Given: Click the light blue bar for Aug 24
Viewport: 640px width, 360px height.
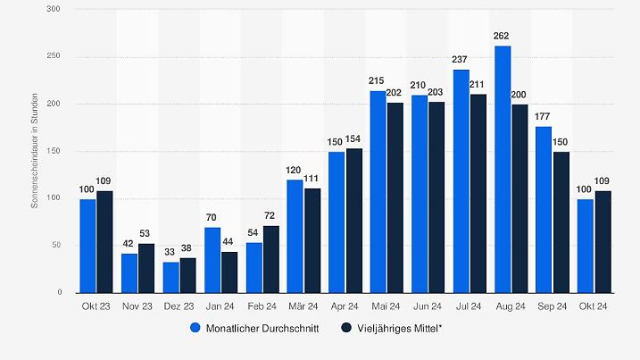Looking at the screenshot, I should point(503,170).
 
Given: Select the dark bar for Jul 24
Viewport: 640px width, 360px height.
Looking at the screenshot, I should point(478,193).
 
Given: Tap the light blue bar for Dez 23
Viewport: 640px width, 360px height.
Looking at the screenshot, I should point(170,277).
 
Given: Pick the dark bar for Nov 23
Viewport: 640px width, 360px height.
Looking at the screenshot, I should point(145,268).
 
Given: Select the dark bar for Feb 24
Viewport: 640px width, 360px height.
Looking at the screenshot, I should point(271,259).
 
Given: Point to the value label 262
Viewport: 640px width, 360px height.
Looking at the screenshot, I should point(502,37).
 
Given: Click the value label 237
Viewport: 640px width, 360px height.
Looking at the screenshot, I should point(461,61).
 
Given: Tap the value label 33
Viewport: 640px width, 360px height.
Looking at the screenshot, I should point(170,253).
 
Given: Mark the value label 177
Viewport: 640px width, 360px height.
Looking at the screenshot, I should point(544,117).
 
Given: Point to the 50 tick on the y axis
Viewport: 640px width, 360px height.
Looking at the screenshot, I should point(59,245).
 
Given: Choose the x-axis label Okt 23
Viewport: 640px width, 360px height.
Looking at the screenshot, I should point(96,306).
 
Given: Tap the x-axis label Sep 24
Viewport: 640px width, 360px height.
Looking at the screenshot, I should point(553,306).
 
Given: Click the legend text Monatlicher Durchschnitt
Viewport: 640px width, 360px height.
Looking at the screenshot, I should point(262,329).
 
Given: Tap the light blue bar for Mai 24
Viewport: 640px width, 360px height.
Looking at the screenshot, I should point(378,192).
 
